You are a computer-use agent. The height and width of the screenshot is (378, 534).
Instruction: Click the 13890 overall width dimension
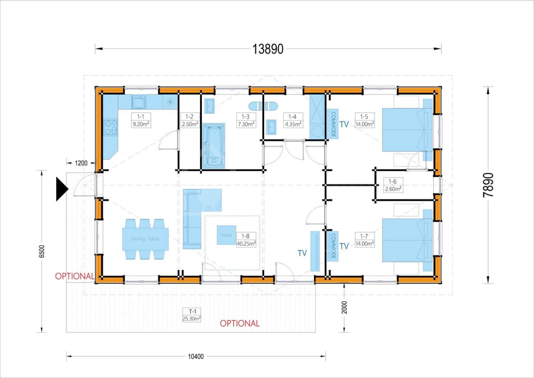(268, 49)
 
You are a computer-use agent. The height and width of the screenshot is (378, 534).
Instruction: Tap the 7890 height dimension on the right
(488, 185)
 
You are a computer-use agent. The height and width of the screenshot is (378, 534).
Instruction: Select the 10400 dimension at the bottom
(195, 356)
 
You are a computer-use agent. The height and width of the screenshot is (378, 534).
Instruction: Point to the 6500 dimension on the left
(42, 251)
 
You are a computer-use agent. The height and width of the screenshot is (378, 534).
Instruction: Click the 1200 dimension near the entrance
(81, 163)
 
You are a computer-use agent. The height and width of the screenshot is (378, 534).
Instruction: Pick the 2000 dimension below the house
(344, 307)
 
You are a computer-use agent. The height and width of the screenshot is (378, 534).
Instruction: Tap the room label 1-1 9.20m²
(141, 120)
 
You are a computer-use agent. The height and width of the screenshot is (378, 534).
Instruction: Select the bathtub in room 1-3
(214, 146)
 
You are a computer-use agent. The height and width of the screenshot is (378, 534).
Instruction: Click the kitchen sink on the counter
(139, 102)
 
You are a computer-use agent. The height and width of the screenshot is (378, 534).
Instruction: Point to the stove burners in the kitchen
(111, 127)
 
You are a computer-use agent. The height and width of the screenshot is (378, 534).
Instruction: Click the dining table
(145, 239)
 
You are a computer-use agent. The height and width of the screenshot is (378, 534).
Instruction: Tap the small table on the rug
(226, 235)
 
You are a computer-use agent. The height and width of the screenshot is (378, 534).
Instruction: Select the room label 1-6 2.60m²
(392, 185)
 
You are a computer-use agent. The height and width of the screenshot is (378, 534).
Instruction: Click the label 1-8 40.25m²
(246, 240)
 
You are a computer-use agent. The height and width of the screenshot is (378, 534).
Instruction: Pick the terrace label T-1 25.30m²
(192, 315)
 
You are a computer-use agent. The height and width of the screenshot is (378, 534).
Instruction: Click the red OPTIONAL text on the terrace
(240, 324)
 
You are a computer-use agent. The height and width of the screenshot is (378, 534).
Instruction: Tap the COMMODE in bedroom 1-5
(333, 124)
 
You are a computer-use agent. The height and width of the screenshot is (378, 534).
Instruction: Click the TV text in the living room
(302, 253)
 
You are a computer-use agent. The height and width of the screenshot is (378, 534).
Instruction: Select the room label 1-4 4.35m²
(292, 120)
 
